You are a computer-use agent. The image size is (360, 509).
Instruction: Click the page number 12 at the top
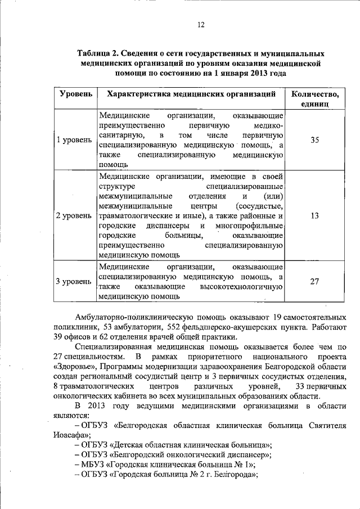pos(201,24)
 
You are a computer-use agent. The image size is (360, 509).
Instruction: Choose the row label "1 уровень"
pos(74,139)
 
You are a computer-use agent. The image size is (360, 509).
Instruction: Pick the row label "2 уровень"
pos(74,215)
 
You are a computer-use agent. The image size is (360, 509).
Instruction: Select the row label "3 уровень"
pos(74,281)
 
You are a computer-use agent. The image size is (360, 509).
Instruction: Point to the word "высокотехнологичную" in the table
pos(245,286)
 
